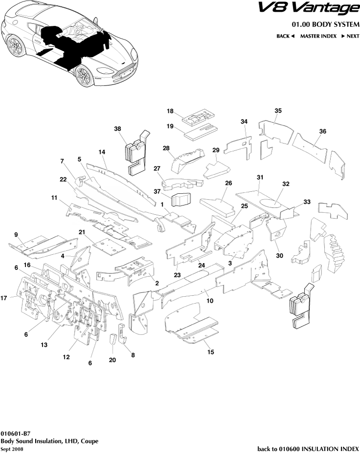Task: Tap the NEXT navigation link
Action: [350, 36]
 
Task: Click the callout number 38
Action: [117, 129]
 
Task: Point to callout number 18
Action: [170, 111]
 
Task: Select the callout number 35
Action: [278, 111]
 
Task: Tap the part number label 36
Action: [322, 131]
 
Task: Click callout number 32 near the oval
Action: [286, 184]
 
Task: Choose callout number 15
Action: [211, 351]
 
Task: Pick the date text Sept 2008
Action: [12, 449]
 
